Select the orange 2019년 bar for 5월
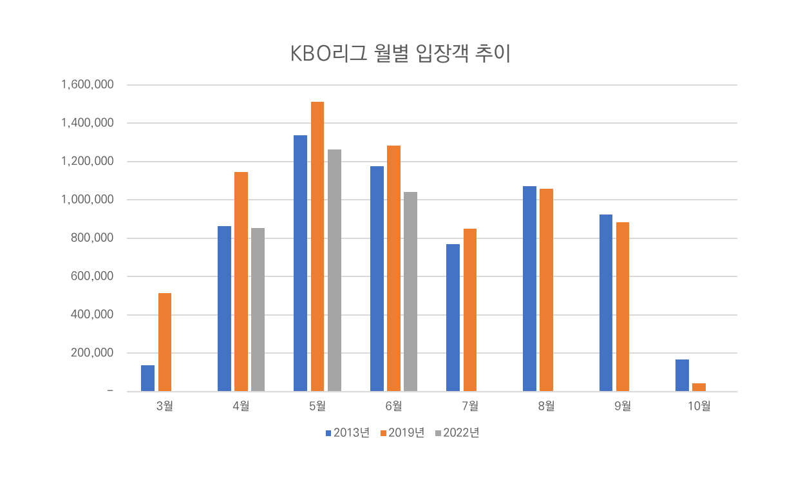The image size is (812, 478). point(317,246)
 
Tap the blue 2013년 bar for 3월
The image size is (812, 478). point(148,378)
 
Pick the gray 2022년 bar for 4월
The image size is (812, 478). point(258,309)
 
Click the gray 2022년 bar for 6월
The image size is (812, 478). point(410,291)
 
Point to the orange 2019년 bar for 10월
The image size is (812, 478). point(699,387)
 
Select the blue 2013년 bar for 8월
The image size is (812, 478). point(529,289)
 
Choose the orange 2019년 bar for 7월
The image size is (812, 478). point(470,310)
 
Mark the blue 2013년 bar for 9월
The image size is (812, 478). point(606,303)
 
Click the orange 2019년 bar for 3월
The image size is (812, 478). point(165,342)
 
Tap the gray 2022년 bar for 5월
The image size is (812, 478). point(334,270)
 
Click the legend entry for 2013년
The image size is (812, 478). point(347,433)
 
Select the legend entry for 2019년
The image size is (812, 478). point(402,433)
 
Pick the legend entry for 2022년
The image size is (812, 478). point(457,433)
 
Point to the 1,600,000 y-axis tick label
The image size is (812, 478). point(88,85)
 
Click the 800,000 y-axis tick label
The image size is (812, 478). point(93,238)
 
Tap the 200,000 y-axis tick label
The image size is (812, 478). point(93,353)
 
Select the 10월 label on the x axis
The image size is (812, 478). point(699,406)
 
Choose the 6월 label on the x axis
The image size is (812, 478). point(393,406)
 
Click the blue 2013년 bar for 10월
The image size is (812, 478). point(682,376)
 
